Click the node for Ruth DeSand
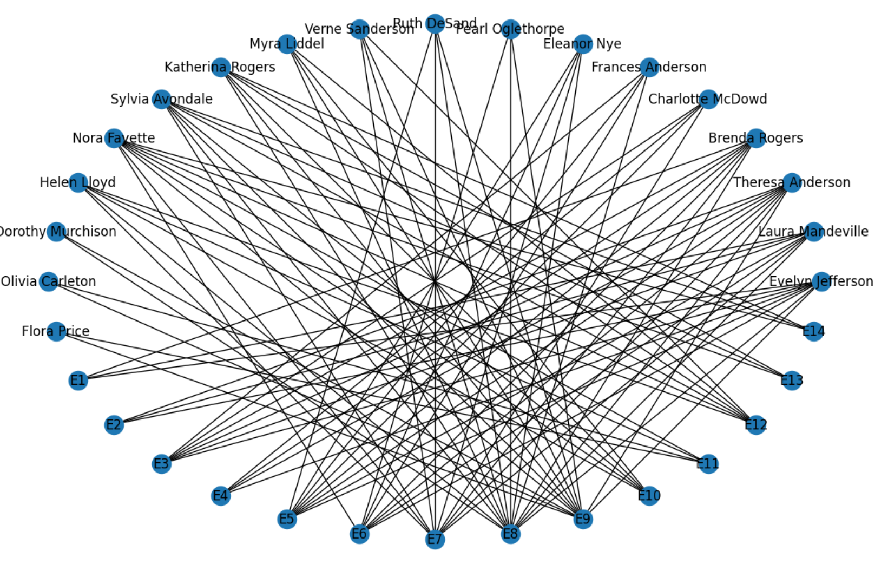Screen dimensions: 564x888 tap(435, 23)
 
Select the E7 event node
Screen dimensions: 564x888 tap(435, 539)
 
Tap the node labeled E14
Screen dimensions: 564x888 tap(813, 331)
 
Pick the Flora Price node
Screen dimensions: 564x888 tap(56, 331)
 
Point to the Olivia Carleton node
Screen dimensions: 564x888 tap(49, 281)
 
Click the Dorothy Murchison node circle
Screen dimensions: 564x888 tap(56, 232)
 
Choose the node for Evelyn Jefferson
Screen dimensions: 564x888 tap(821, 281)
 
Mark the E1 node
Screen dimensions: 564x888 tap(78, 381)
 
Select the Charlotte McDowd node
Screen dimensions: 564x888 tap(708, 99)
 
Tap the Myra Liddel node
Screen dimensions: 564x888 tap(287, 44)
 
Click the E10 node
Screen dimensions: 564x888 tap(649, 495)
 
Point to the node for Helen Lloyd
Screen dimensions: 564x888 tap(78, 182)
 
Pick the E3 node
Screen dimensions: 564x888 tap(161, 464)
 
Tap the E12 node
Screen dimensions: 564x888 tap(755, 425)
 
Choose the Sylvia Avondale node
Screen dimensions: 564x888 tap(161, 99)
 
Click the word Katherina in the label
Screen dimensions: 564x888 tap(195, 67)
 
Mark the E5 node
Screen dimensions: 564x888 tap(287, 519)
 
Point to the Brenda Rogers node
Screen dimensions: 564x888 tap(755, 138)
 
